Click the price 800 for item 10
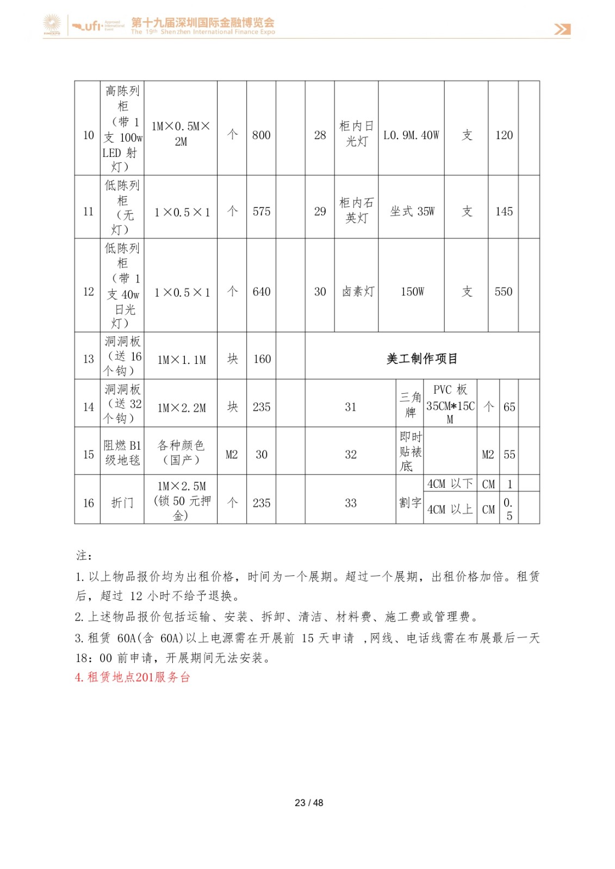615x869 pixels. [x=261, y=135]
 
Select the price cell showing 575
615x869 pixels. [x=261, y=211]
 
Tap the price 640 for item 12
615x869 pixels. [x=261, y=292]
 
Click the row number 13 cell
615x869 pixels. [x=88, y=359]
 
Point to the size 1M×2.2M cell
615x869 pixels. [x=181, y=407]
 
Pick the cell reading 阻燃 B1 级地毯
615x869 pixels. [x=122, y=452]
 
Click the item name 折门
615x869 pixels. [x=122, y=503]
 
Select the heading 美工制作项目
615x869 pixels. [x=422, y=358]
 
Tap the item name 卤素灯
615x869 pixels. [x=357, y=292]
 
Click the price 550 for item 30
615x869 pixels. [x=504, y=292]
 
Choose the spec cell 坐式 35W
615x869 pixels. [x=412, y=211]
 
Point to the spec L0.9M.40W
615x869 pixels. [x=411, y=135]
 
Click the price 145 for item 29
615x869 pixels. [x=504, y=211]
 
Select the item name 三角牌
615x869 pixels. [x=410, y=405]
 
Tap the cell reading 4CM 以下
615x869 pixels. [x=450, y=484]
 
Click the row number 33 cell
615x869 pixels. [x=351, y=503]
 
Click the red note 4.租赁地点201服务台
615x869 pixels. [x=133, y=677]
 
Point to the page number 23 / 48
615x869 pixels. [x=309, y=803]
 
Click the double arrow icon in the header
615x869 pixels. [x=562, y=29]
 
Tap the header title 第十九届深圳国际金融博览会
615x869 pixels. [x=203, y=22]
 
